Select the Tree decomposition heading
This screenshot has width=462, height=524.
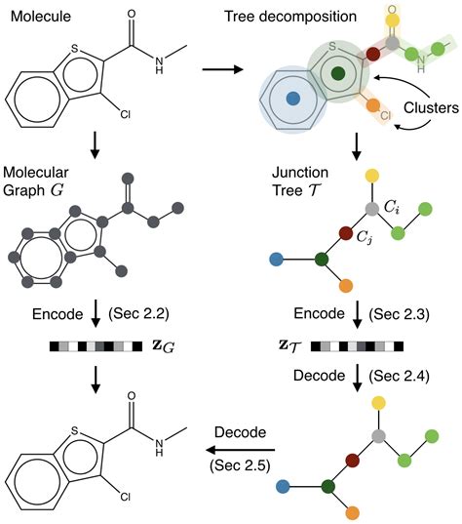pyautogui.click(x=324, y=12)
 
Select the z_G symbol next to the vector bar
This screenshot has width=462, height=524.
pyautogui.click(x=155, y=345)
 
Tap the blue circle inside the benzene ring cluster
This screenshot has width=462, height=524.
pyautogui.click(x=291, y=99)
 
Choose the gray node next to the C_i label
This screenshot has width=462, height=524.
pyautogui.click(x=371, y=209)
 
